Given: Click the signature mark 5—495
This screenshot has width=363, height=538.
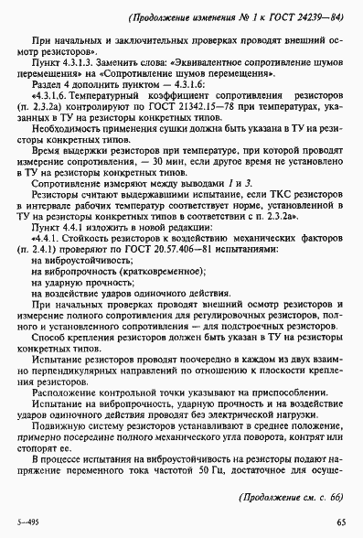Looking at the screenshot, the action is point(29,522).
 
